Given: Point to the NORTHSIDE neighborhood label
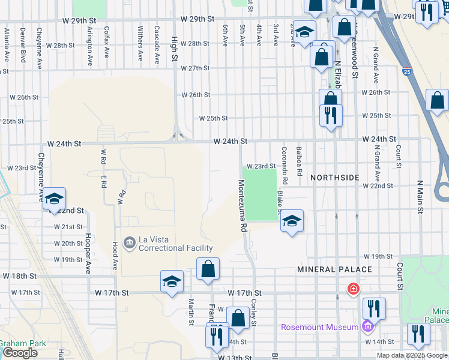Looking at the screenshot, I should [335, 178].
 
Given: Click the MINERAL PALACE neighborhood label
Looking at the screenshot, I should [328, 270].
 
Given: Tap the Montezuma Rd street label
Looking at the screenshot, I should [243, 206].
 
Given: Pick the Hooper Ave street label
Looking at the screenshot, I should [88, 253].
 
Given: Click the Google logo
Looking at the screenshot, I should [19, 353].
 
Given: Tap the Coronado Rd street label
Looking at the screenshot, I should [285, 166].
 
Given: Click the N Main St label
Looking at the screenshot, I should [420, 197].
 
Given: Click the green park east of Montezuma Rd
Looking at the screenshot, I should [261, 193].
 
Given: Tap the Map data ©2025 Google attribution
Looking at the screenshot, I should [412, 355].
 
